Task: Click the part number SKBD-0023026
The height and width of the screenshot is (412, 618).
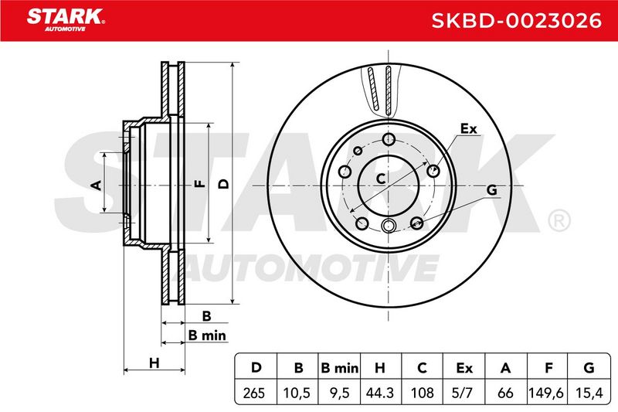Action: pyautogui.click(x=517, y=20)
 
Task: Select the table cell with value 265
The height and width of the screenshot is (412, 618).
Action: pyautogui.click(x=254, y=393)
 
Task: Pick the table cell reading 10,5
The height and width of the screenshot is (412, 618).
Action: pyautogui.click(x=297, y=393)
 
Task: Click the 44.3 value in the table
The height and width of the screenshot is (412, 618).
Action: pyautogui.click(x=380, y=393)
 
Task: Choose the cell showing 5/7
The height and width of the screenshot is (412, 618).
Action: pyautogui.click(x=463, y=393)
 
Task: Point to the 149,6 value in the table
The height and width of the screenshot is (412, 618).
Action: pyautogui.click(x=546, y=393)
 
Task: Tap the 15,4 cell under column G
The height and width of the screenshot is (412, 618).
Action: pyautogui.click(x=589, y=393)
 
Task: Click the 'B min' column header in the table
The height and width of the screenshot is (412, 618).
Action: pyautogui.click(x=339, y=368)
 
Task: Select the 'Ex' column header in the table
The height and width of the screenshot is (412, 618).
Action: pyautogui.click(x=464, y=368)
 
